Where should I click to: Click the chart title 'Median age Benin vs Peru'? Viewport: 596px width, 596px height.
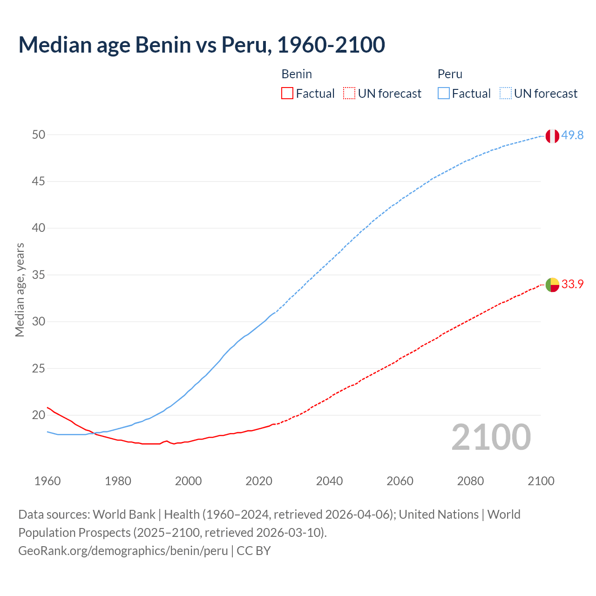pyautogui.click(x=201, y=45)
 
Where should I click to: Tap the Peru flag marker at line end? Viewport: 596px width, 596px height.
pyautogui.click(x=552, y=136)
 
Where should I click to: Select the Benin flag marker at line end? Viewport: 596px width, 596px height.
pyautogui.click(x=552, y=284)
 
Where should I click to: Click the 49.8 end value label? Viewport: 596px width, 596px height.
pyautogui.click(x=572, y=135)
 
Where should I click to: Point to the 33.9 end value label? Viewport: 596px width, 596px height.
pyautogui.click(x=572, y=284)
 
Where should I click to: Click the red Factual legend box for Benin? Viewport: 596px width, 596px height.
pyautogui.click(x=287, y=94)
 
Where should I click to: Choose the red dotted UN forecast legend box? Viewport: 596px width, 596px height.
pyautogui.click(x=349, y=94)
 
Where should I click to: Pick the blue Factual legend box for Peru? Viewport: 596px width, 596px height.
pyautogui.click(x=444, y=94)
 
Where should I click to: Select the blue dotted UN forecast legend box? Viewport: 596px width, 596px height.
pyautogui.click(x=506, y=94)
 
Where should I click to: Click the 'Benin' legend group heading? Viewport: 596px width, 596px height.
pyautogui.click(x=297, y=74)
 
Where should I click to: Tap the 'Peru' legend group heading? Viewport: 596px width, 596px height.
pyautogui.click(x=450, y=74)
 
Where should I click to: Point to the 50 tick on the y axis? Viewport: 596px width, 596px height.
pyautogui.click(x=39, y=135)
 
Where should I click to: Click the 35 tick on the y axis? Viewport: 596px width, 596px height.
pyautogui.click(x=39, y=275)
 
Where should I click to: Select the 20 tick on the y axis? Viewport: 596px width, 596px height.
pyautogui.click(x=39, y=415)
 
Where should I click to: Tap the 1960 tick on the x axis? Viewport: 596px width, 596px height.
pyautogui.click(x=47, y=481)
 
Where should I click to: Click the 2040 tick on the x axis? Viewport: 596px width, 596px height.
pyautogui.click(x=329, y=481)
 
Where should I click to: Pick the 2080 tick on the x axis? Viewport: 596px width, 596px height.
pyautogui.click(x=470, y=481)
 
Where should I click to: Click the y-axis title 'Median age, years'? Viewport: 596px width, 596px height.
pyautogui.click(x=20, y=290)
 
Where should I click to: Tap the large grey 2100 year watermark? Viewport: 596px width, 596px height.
pyautogui.click(x=491, y=437)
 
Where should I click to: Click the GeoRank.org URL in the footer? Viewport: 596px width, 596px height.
pyautogui.click(x=123, y=551)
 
